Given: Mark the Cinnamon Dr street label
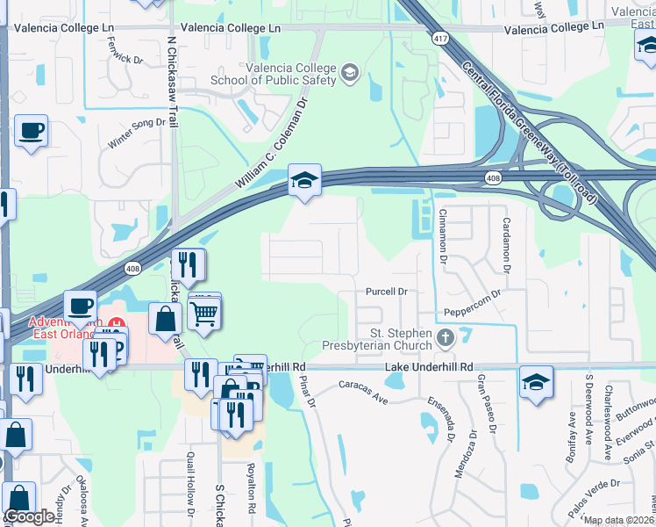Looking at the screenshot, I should [444, 236].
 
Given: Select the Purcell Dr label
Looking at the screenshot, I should [387, 292].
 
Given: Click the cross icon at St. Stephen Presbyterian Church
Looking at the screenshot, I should [446, 336].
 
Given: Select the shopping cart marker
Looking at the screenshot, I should [203, 311].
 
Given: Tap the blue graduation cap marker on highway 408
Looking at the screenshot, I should [304, 181].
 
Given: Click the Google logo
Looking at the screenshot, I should [29, 517].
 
